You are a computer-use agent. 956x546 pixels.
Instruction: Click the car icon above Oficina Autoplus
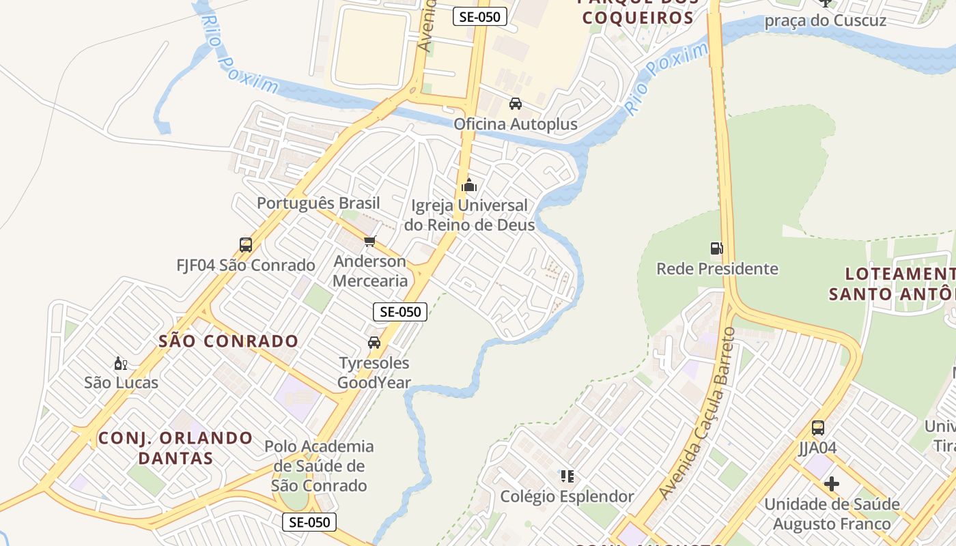[x=516, y=104]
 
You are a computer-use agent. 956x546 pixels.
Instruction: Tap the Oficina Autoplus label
[x=516, y=124]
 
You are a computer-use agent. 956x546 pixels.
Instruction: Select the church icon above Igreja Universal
[x=469, y=185]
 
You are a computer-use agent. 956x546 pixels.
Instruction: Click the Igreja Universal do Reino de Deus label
[x=469, y=215]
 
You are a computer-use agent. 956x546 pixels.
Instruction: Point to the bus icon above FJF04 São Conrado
[x=246, y=244]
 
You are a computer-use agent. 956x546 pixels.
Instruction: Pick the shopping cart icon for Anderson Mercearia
[x=370, y=241]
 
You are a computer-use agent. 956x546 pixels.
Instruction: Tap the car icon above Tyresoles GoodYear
[x=374, y=343]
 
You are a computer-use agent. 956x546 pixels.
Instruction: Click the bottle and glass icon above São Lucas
[x=121, y=363]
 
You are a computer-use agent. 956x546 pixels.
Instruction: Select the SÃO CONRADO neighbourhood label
[x=228, y=341]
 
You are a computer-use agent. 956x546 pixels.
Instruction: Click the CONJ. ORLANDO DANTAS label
[x=175, y=448]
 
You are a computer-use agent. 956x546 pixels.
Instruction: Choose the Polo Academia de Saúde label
[x=320, y=466]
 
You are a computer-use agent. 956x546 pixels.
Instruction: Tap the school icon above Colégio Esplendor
[x=567, y=476]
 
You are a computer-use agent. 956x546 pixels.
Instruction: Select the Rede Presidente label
[x=717, y=269]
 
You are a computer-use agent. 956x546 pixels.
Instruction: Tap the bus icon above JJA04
[x=817, y=428]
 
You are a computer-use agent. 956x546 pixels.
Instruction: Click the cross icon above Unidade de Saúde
[x=831, y=485]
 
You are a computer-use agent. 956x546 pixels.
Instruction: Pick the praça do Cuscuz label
[x=825, y=20]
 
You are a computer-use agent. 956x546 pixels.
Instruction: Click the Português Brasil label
[x=318, y=203]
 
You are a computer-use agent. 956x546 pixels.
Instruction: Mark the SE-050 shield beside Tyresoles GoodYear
[x=400, y=312]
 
